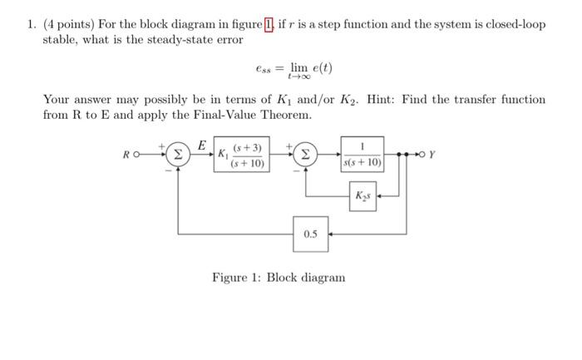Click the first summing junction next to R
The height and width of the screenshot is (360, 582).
click(x=177, y=154)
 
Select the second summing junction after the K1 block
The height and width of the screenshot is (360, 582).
click(x=305, y=154)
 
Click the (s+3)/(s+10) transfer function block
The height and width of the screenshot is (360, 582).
click(x=248, y=155)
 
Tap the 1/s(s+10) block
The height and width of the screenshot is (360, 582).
click(x=362, y=155)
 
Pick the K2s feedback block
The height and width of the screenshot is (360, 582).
click(x=363, y=197)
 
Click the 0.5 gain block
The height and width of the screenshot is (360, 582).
click(x=310, y=234)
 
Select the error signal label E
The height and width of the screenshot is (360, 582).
click(x=202, y=145)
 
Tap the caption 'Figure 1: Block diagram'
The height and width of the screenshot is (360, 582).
click(x=278, y=277)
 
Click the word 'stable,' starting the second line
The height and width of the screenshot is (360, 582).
click(x=62, y=39)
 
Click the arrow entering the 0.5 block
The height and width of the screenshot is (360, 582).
click(x=331, y=234)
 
